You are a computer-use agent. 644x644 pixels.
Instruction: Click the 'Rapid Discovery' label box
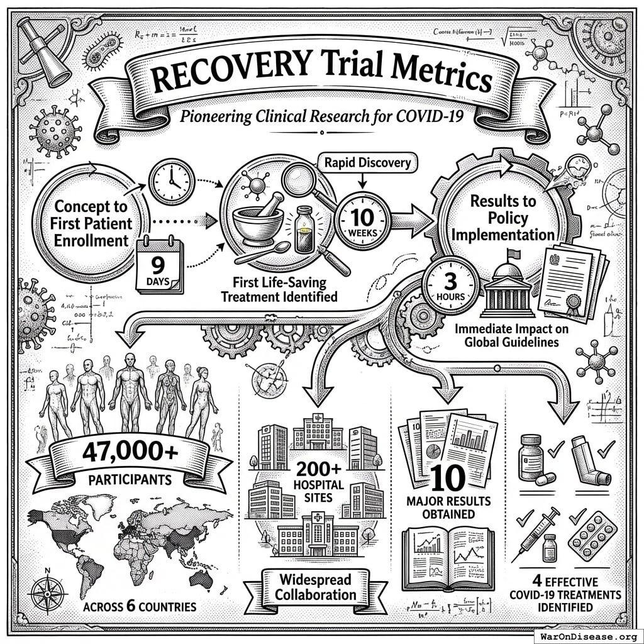point(368,163)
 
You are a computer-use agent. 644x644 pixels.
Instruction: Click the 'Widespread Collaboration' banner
point(316,586)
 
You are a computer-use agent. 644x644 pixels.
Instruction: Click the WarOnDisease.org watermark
point(587,635)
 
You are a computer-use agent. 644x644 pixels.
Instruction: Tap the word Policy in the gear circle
point(504,218)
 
